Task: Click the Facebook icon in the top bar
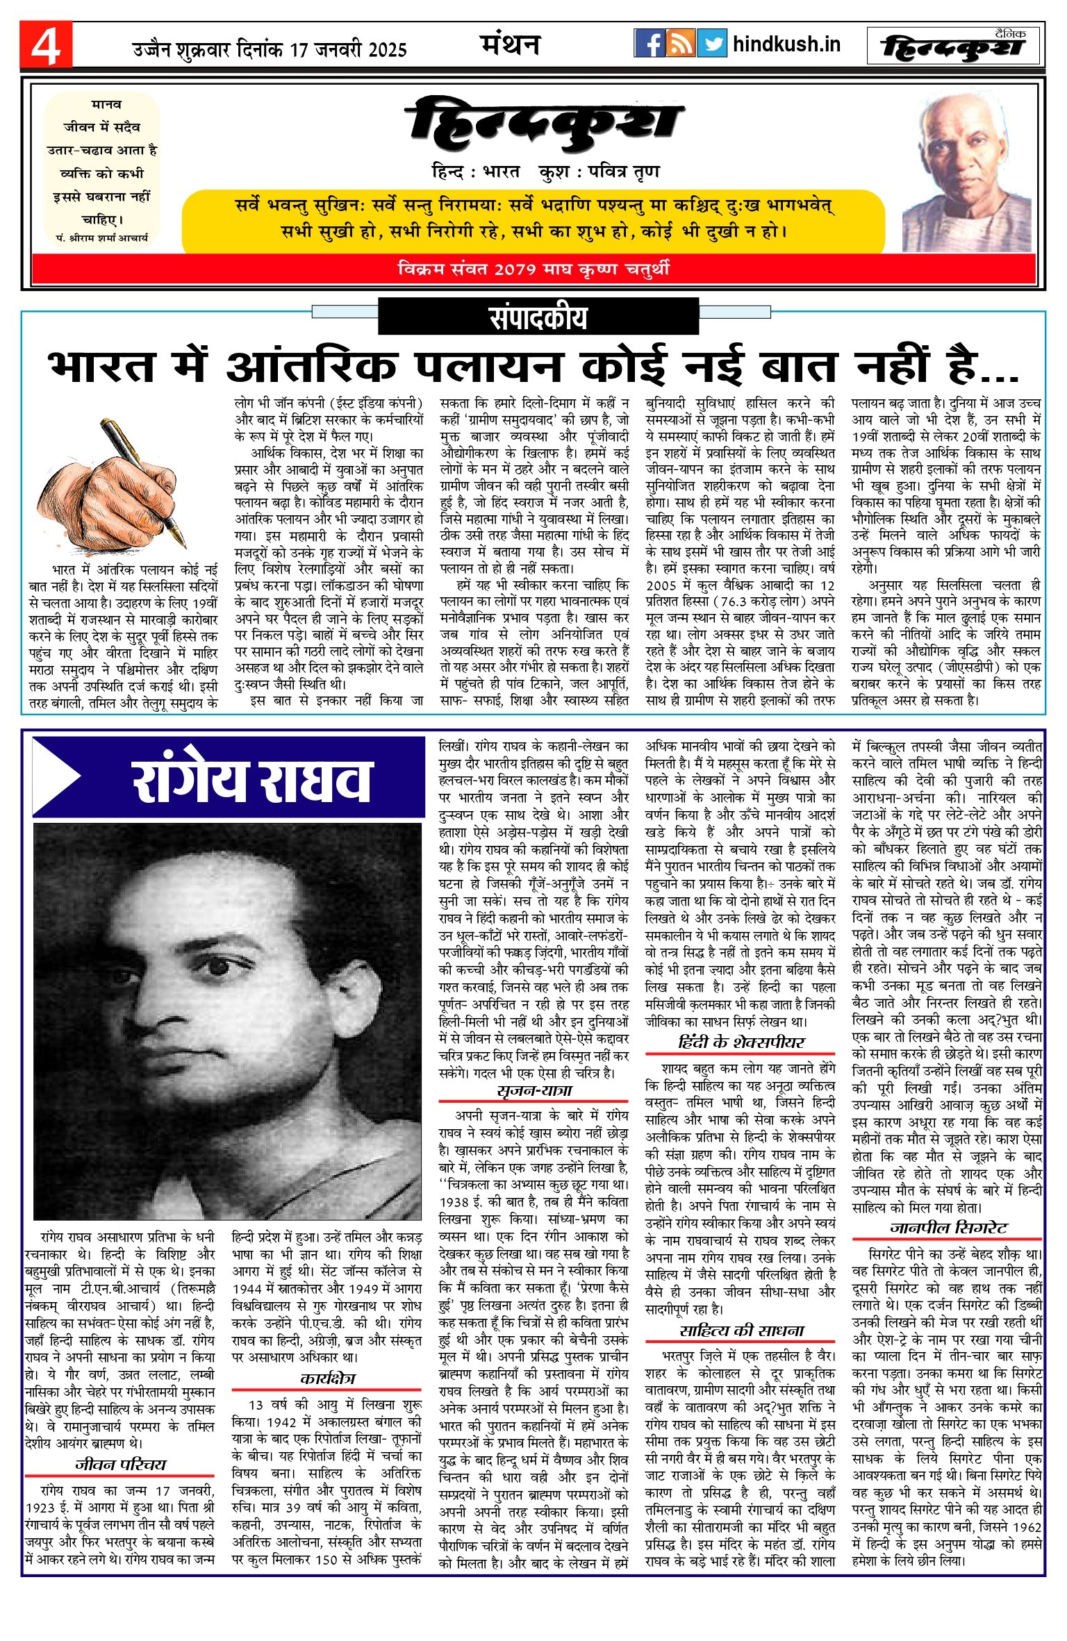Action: (x=650, y=44)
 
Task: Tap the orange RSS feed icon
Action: (x=681, y=44)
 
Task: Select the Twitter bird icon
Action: (x=712, y=44)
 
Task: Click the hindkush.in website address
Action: (x=786, y=44)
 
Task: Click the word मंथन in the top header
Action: (x=511, y=44)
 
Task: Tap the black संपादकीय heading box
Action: (x=538, y=317)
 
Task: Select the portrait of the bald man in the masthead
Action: (x=967, y=174)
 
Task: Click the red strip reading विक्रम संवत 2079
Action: (x=533, y=269)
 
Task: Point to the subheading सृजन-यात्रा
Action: (x=534, y=1090)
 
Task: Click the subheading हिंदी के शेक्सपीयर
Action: (x=741, y=1042)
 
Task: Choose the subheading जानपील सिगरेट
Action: (x=948, y=1227)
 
